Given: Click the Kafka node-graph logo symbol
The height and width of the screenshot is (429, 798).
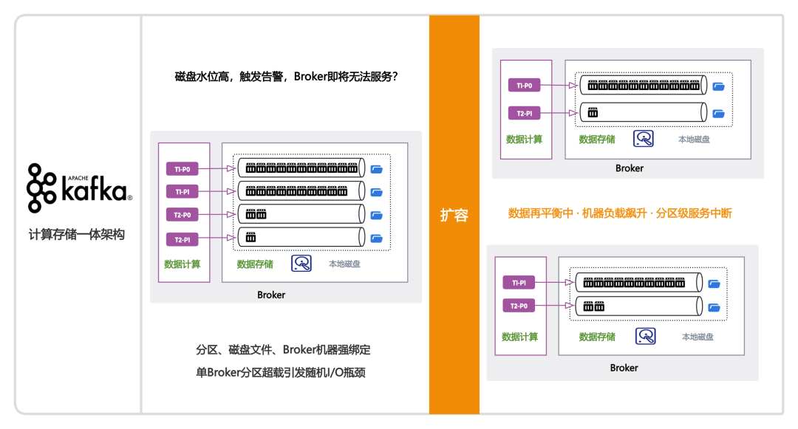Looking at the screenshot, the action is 41,188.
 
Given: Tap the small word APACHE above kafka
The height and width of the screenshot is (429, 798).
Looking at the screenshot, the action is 78,178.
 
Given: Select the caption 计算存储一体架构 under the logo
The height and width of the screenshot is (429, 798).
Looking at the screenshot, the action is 76,234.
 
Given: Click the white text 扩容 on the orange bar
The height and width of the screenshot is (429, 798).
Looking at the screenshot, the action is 454,215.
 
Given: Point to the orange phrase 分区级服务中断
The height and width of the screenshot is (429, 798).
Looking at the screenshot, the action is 694,213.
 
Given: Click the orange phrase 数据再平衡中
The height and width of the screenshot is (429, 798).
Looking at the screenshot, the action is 540,213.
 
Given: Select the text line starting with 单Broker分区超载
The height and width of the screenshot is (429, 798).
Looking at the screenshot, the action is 281,373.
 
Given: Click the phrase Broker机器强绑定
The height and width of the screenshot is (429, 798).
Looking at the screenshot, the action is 327,350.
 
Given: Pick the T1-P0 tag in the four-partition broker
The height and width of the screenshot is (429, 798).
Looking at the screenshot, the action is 183,169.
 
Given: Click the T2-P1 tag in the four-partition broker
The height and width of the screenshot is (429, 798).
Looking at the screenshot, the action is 183,239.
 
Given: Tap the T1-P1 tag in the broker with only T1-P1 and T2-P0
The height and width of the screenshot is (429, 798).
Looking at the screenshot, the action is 519,283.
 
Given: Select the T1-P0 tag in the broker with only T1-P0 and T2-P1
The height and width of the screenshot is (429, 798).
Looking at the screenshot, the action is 524,86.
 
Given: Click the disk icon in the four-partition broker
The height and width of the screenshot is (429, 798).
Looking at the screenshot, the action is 301,264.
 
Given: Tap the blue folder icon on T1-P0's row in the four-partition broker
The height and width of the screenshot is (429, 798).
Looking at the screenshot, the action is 377,169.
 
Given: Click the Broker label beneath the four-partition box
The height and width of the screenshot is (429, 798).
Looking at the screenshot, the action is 271,295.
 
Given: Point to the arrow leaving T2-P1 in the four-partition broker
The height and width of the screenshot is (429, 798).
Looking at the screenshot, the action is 216,237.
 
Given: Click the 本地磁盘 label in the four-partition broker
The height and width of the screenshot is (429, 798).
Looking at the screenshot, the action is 344,264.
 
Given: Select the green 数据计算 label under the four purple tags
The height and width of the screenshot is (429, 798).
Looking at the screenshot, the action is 183,264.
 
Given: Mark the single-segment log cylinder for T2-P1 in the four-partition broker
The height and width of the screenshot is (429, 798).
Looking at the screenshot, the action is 301,237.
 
